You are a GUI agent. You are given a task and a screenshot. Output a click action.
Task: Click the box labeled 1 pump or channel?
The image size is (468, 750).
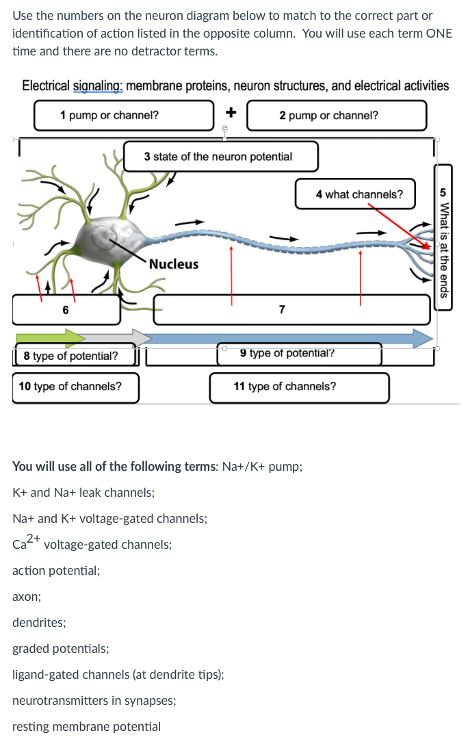click(x=124, y=115)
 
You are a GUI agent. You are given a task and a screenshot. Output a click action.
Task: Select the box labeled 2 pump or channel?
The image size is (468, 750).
click(x=337, y=115)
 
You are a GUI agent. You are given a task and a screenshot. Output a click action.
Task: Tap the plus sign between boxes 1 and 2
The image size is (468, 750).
click(x=231, y=112)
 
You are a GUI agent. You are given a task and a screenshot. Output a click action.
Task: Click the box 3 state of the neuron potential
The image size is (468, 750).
click(x=220, y=157)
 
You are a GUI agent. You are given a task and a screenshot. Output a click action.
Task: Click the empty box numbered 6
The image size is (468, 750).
click(x=66, y=310)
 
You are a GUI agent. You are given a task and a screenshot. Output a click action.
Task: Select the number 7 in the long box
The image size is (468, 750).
click(x=282, y=310)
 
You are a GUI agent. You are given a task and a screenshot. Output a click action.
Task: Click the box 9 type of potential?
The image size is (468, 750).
click(x=299, y=354)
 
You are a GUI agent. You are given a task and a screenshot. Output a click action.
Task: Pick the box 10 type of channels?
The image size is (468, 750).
click(x=75, y=387)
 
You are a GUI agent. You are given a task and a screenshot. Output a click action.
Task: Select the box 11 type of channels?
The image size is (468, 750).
click(x=299, y=387)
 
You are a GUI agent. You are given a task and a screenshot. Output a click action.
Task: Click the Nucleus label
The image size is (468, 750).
click(x=174, y=264)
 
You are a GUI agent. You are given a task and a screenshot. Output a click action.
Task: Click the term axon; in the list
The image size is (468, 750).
click(x=27, y=597)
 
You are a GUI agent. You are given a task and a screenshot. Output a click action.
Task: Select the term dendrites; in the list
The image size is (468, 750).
click(x=39, y=623)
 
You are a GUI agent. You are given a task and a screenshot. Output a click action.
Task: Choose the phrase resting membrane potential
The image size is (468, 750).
click(x=87, y=727)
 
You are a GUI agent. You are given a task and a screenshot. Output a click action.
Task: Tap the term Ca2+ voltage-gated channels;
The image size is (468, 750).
click(x=92, y=544)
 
